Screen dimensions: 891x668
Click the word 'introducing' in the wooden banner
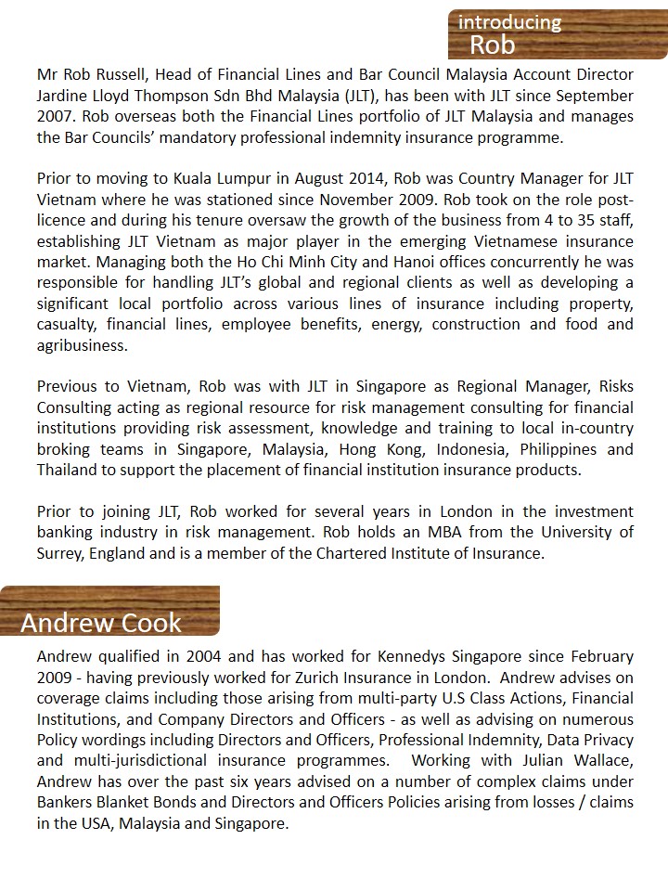coord(509,21)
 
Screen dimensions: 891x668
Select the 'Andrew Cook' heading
coord(101,622)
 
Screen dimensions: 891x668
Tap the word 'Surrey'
coord(62,554)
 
